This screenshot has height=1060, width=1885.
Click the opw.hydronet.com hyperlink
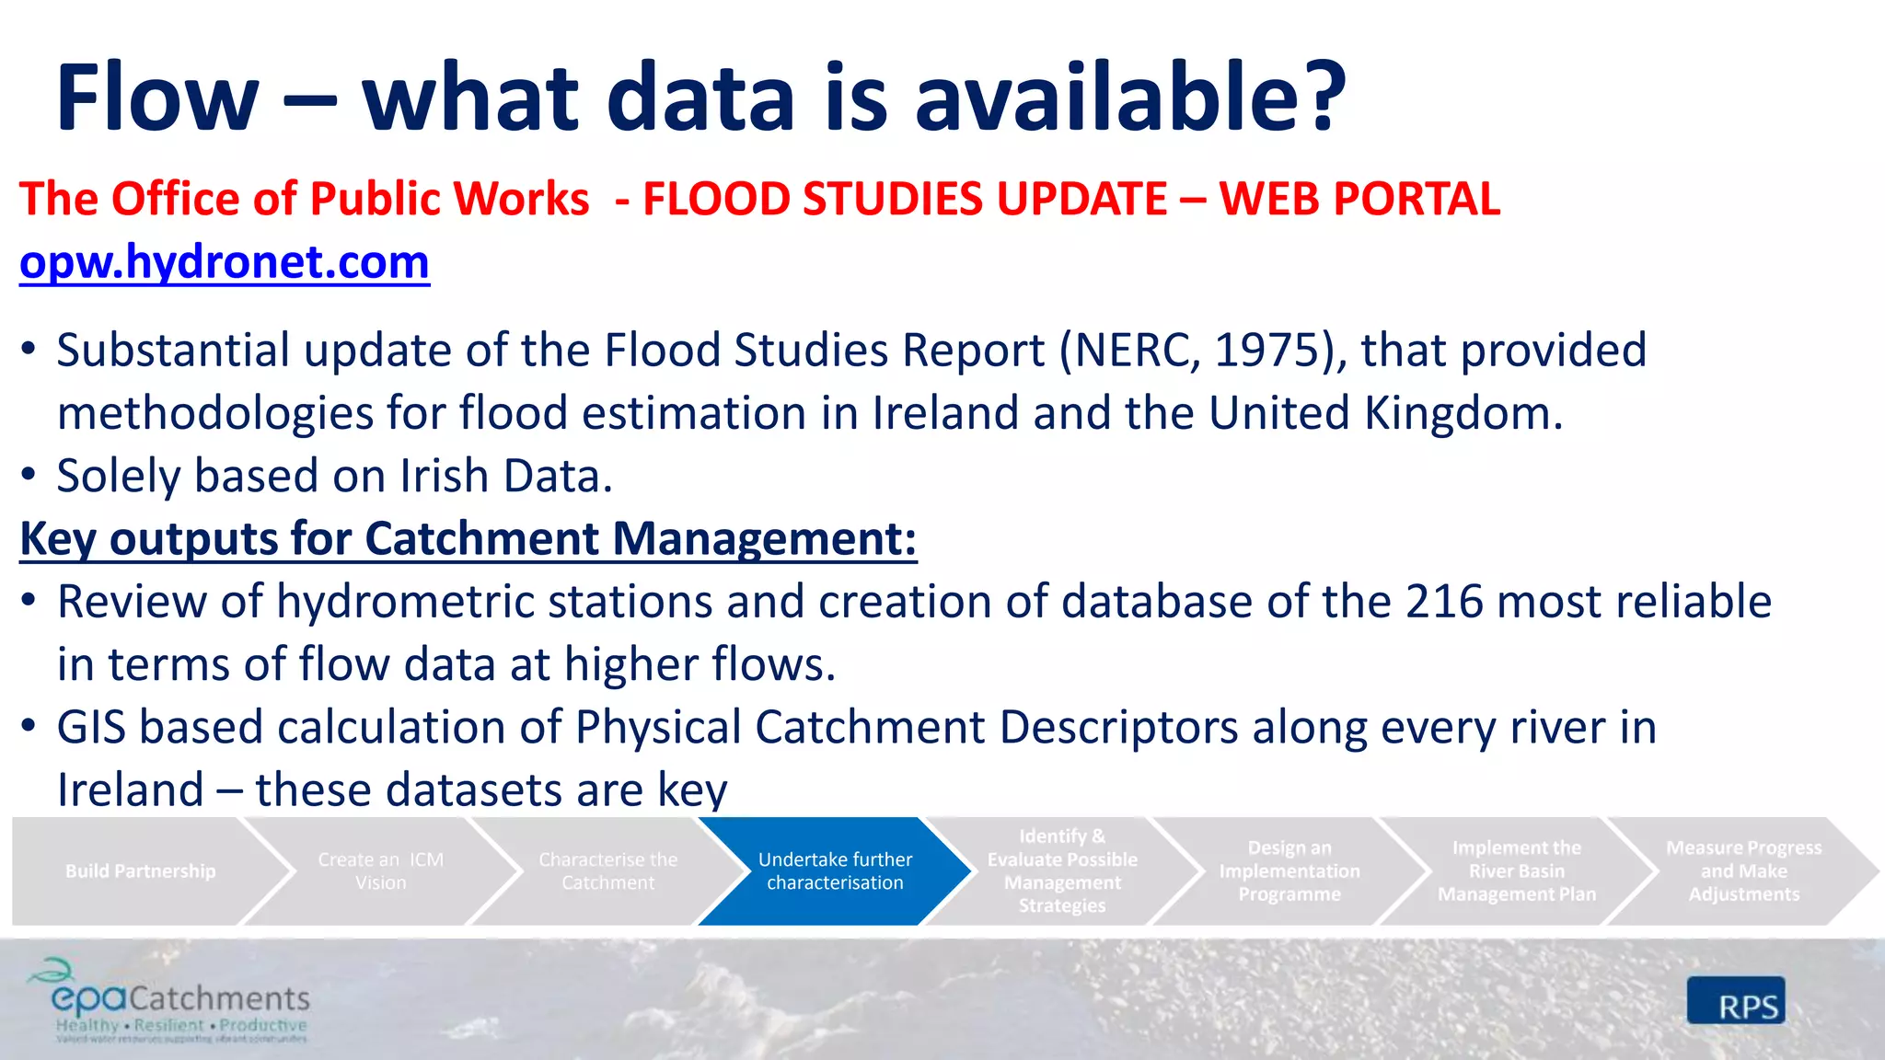225,262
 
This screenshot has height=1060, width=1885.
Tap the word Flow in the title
157,98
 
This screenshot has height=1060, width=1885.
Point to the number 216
1443,602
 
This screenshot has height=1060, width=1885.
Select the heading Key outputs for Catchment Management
468,539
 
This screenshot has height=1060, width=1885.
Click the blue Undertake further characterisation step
835,870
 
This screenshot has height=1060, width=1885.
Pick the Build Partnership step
140,870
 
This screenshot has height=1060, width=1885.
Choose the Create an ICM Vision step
380,870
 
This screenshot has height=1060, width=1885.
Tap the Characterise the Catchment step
607,870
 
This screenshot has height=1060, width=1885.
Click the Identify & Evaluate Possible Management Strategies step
1062,870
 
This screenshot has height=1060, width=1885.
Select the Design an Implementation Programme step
1289,870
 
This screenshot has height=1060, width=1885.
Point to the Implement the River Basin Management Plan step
1516,870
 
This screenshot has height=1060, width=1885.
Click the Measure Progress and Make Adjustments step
1743,870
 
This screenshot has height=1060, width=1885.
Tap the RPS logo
1736,1001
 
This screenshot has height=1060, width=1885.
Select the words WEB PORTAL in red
1359,199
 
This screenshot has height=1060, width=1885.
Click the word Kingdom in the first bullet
1463,413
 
